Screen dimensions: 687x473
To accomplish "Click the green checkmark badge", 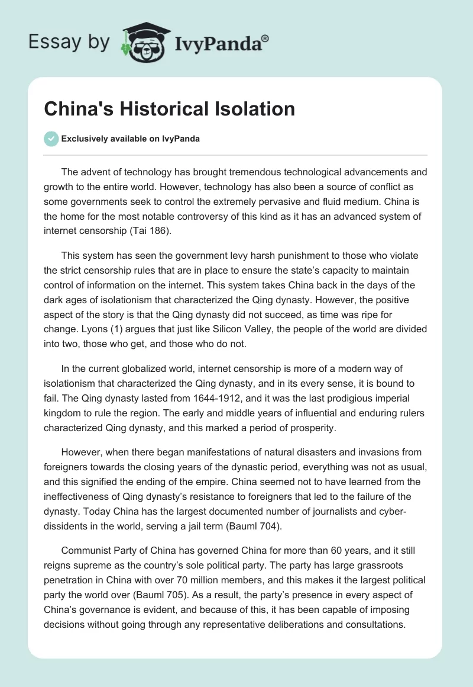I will click(x=51, y=139).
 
